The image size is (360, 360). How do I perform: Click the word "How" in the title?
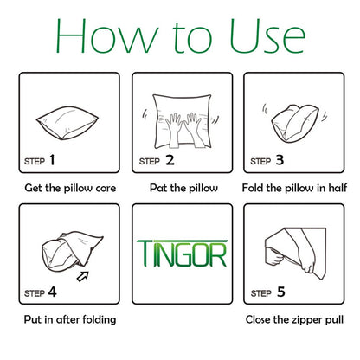pyautogui.click(x=107, y=36)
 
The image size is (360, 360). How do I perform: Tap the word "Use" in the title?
pyautogui.click(x=267, y=36)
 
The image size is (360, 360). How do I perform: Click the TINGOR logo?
pyautogui.click(x=182, y=254)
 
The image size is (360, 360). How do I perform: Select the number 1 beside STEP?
pyautogui.click(x=52, y=160)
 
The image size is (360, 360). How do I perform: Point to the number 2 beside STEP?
pyautogui.click(x=170, y=160)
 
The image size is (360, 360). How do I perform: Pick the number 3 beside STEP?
pyautogui.click(x=280, y=160)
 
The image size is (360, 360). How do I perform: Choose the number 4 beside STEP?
pyautogui.click(x=52, y=292)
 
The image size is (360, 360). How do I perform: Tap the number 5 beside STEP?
pyautogui.click(x=281, y=292)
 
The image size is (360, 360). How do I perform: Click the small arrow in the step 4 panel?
pyautogui.click(x=82, y=276)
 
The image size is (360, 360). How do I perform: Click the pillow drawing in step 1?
pyautogui.click(x=67, y=123)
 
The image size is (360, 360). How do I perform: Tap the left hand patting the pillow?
pyautogui.click(x=174, y=129)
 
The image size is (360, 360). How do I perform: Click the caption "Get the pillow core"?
pyautogui.click(x=70, y=188)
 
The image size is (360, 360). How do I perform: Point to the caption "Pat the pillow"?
pyautogui.click(x=183, y=188)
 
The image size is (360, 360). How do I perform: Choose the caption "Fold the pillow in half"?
pyautogui.click(x=294, y=188)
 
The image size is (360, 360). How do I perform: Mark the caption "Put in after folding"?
pyautogui.click(x=70, y=319)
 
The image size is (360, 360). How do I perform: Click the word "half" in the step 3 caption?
pyautogui.click(x=337, y=188)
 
